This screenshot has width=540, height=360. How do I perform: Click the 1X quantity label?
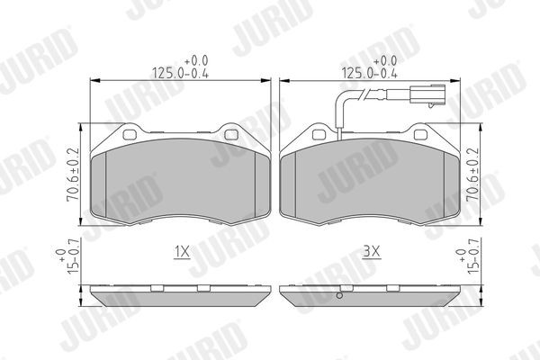click(182, 252)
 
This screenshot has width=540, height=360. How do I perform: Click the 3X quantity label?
click(372, 252)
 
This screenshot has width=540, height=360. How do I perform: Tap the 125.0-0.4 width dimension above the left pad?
click(181, 74)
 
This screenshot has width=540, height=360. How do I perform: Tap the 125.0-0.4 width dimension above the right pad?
click(370, 74)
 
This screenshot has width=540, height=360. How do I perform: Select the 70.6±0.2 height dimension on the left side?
click(73, 175)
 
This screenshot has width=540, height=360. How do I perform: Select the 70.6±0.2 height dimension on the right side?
click(472, 175)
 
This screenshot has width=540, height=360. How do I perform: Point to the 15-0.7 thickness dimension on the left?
click(73, 256)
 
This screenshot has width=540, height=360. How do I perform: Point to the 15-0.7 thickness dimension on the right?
click(473, 256)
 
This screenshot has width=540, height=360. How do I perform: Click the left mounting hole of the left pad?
click(130, 135)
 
